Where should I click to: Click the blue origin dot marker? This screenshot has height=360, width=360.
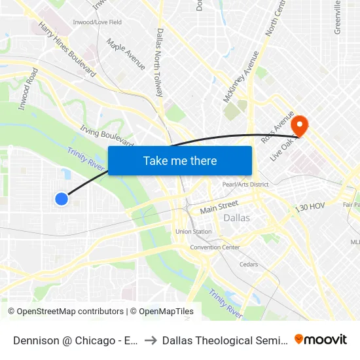[62, 198]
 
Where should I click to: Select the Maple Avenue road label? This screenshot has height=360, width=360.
[126, 55]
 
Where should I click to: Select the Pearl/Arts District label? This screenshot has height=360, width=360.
[245, 185]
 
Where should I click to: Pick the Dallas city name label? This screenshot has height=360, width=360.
[236, 218]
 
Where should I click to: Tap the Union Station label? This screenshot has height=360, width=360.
[193, 231]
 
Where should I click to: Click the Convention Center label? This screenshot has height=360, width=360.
[215, 247]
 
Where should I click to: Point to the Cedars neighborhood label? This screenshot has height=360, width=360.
[248, 264]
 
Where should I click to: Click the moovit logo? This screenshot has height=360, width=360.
[321, 339]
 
